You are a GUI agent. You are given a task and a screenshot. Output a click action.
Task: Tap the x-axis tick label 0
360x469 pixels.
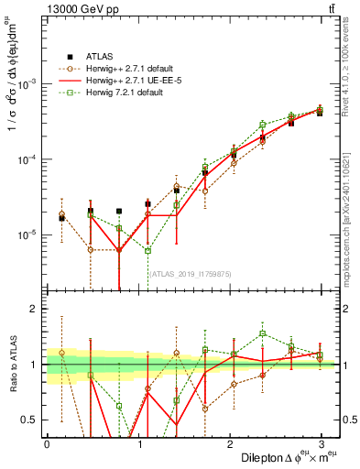(x=47, y=444)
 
